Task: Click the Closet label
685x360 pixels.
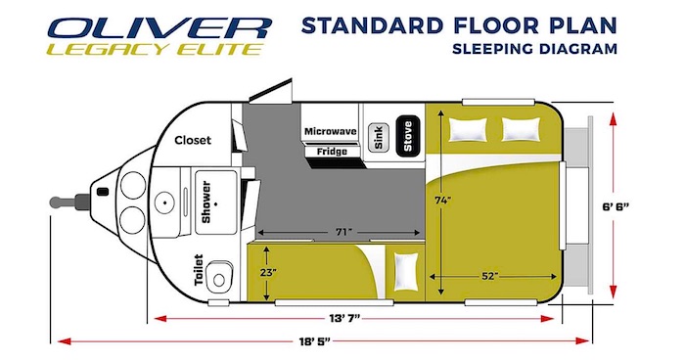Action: click(193, 140)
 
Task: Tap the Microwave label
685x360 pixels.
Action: click(331, 131)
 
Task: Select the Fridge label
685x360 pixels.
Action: click(332, 152)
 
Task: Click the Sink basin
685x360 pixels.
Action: click(379, 138)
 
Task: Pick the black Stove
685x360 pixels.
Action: click(408, 136)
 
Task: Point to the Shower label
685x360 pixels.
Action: click(205, 202)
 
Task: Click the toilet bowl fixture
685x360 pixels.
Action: click(218, 277)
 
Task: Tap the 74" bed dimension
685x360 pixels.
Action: click(442, 201)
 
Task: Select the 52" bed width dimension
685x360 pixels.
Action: click(490, 276)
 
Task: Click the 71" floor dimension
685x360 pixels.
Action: click(343, 232)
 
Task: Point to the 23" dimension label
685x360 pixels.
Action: click(268, 273)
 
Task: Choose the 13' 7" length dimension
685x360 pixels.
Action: click(344, 318)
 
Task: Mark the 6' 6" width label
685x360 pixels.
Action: click(616, 206)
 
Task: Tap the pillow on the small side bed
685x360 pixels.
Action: click(406, 272)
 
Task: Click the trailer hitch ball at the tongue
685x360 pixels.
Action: click(57, 202)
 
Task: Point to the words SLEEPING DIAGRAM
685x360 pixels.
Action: click(534, 49)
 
